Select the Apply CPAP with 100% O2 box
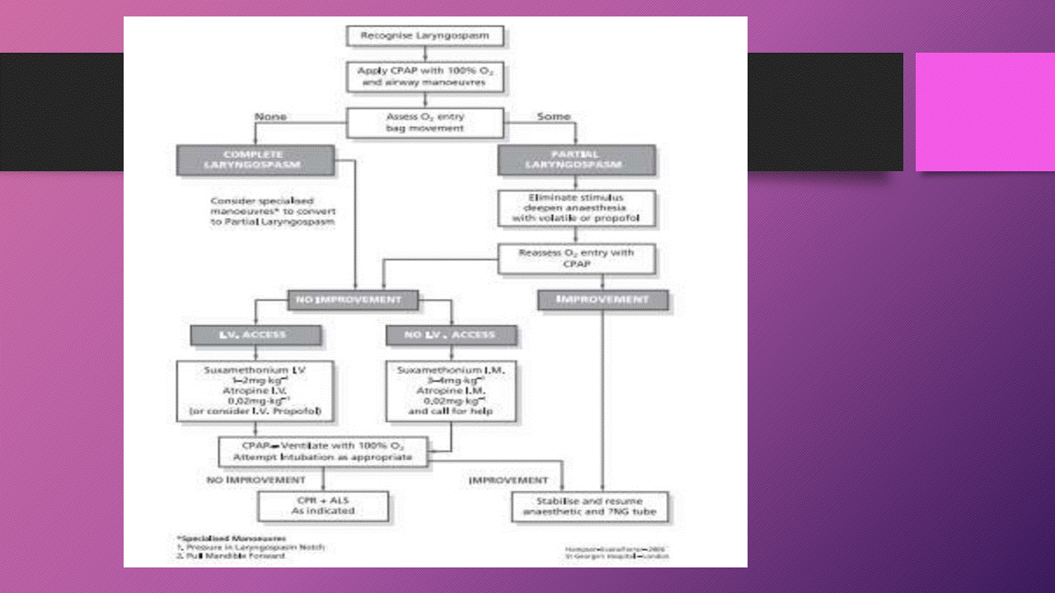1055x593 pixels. (x=424, y=77)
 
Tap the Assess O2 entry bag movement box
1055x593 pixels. (x=424, y=123)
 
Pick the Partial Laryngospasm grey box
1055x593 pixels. (x=576, y=160)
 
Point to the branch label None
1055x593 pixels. (x=270, y=117)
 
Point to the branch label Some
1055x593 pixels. (x=553, y=117)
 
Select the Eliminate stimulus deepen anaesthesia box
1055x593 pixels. (x=576, y=208)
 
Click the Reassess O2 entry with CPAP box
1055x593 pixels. (x=576, y=258)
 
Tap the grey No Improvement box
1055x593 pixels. (x=352, y=300)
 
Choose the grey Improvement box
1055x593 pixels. (x=603, y=300)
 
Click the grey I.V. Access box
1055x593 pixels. (x=255, y=335)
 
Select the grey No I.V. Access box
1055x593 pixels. (x=451, y=335)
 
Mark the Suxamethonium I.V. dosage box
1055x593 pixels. (x=255, y=390)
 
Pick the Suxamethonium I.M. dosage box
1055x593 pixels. (x=451, y=390)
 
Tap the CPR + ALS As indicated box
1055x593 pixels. (x=323, y=505)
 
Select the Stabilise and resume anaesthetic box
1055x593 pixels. (x=589, y=506)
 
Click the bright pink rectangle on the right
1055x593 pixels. (x=985, y=111)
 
